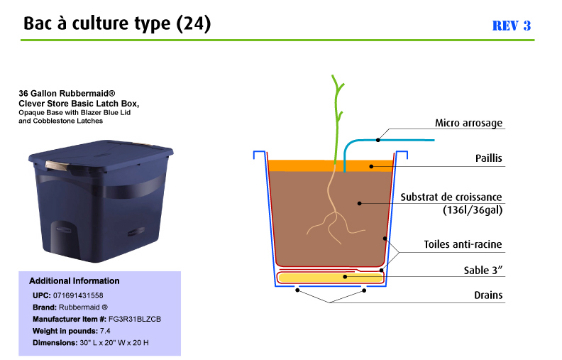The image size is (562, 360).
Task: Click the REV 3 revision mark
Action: (511, 26)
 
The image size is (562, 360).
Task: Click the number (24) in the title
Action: (194, 23)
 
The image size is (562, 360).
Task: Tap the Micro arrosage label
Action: (468, 123)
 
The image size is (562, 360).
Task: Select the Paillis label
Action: (488, 158)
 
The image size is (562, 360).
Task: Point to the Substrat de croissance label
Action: (451, 197)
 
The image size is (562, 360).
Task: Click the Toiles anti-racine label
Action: (463, 244)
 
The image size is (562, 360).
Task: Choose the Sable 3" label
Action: (483, 270)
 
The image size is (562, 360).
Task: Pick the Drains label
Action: (488, 295)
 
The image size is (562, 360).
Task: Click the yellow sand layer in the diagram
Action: (331, 278)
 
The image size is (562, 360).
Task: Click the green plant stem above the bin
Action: (337, 119)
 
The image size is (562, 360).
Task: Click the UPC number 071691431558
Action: (78, 295)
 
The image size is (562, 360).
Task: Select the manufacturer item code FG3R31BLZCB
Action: (135, 319)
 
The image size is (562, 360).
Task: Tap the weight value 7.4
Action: (105, 331)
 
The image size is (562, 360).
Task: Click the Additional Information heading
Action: (75, 280)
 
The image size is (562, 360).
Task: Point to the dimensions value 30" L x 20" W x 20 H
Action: (114, 343)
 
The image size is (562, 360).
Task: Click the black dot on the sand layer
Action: (345, 276)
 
